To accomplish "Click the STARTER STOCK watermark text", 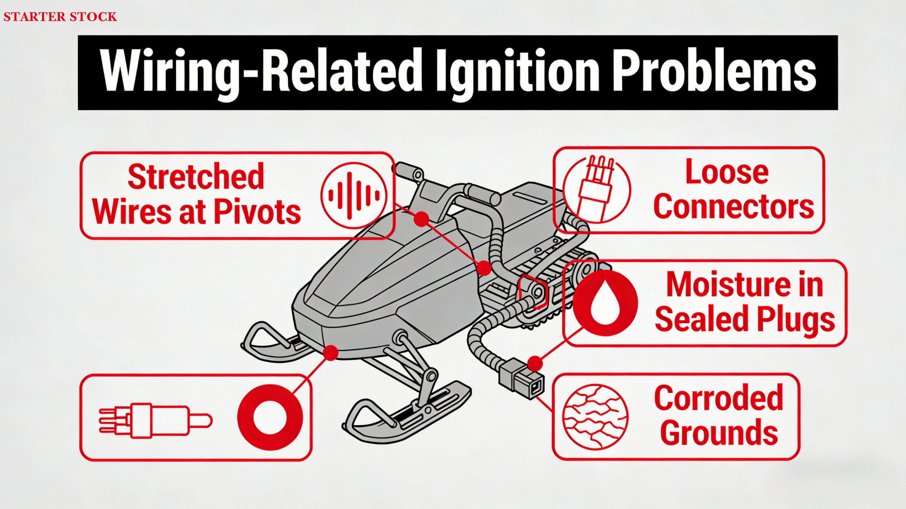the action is coord(60,17).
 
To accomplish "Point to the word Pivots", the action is coord(257,211).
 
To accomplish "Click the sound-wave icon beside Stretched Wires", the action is coord(354,195).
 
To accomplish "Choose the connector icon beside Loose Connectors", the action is coord(596,189).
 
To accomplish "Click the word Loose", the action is coord(727,172).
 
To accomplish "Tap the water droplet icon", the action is coord(606,303).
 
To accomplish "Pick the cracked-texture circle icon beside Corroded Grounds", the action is coord(596,416).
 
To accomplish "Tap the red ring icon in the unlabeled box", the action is coord(270,417).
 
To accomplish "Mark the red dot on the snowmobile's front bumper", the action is coord(331,353).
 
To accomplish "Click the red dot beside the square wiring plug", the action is coord(535,363).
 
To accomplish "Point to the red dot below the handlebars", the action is coord(421,219).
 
